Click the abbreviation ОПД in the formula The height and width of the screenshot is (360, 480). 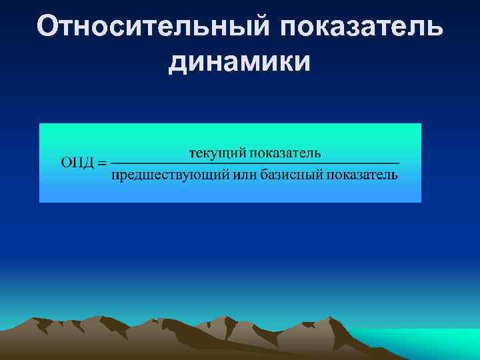point(78,163)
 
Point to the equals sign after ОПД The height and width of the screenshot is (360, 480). point(102,163)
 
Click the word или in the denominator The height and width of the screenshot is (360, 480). point(245,175)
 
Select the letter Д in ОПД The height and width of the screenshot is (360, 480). point(88,163)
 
